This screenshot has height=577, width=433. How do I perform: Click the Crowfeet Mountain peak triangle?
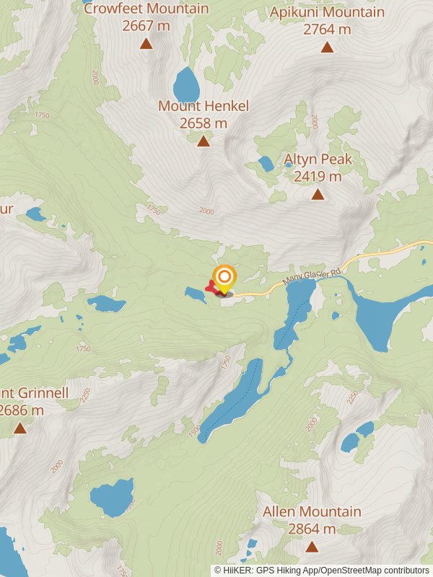146,44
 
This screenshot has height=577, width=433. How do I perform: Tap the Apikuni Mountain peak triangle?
327,48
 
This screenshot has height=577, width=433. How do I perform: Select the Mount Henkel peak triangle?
204,141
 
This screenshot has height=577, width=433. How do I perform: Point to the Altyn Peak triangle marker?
318,194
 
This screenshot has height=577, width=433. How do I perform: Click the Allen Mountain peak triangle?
312,547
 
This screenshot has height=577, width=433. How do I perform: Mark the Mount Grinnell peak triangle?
20,428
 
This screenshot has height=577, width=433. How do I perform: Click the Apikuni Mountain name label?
327,12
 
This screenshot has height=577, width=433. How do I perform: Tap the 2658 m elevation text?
204,123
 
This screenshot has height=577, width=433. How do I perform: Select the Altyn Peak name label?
318,159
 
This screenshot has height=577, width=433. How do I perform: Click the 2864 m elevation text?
312,529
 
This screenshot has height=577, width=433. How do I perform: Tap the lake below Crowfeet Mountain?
186,85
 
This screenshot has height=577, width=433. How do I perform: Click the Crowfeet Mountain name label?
146,9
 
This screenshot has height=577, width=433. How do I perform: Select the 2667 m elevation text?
146,26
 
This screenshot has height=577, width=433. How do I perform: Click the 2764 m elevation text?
327,30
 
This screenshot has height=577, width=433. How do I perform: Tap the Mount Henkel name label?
204,106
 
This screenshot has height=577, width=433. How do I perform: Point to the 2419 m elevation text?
318,177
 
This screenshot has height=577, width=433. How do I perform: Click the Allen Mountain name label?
312,511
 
